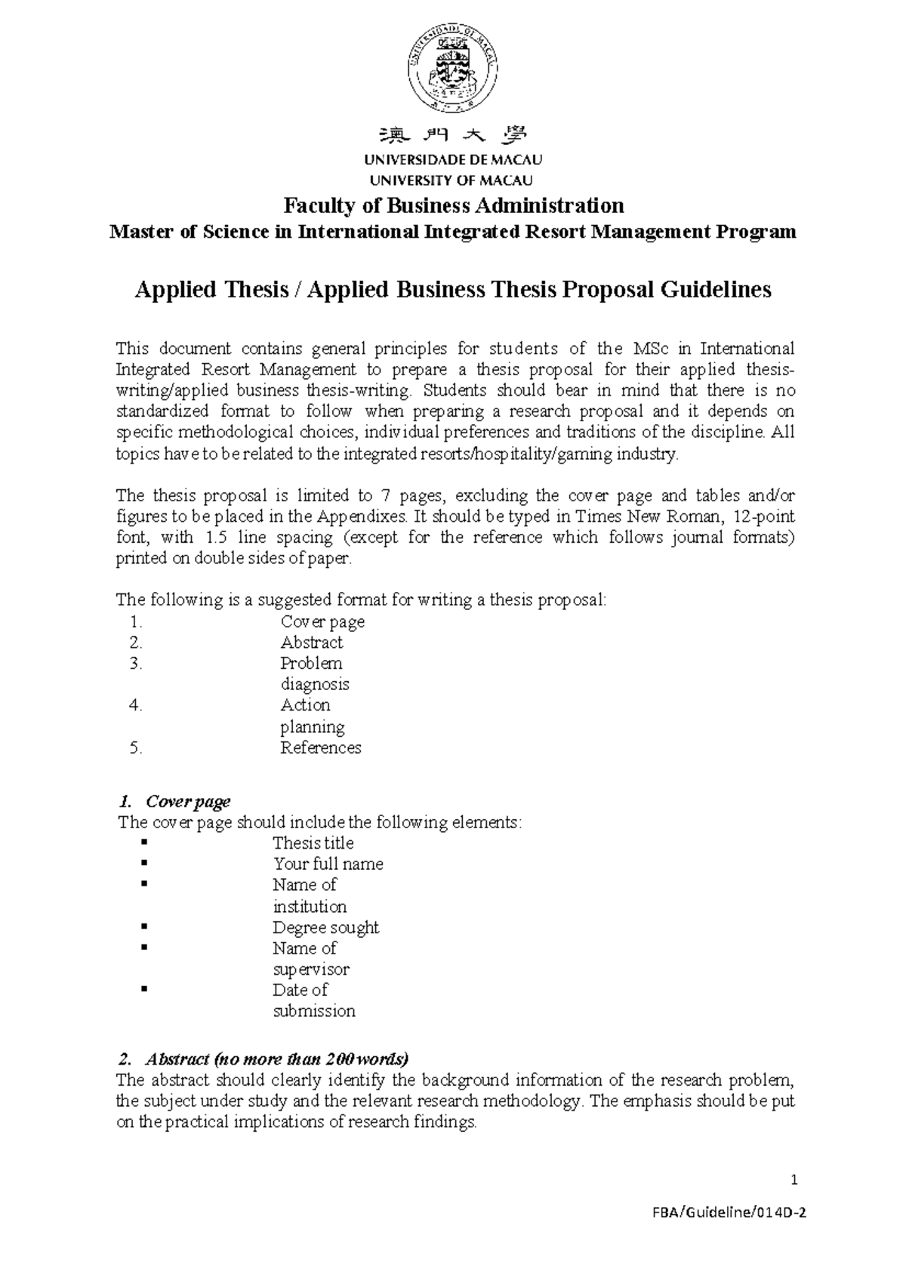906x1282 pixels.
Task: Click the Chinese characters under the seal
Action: (454, 136)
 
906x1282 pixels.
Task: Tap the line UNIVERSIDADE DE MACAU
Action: (454, 160)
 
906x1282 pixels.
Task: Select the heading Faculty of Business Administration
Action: (454, 205)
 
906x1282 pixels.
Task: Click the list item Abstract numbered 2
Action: (311, 643)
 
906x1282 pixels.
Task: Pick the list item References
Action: (321, 747)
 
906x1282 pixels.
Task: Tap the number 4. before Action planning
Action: (136, 705)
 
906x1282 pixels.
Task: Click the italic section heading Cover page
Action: (188, 801)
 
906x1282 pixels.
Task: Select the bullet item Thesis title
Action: (313, 843)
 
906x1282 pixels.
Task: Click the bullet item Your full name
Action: (328, 864)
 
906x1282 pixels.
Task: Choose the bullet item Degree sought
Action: (325, 927)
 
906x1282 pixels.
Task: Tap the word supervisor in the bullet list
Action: (310, 969)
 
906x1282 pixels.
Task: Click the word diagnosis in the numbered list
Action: (315, 684)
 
